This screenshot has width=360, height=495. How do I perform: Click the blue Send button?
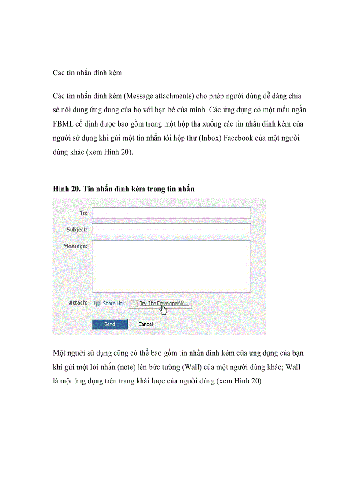click(x=110, y=324)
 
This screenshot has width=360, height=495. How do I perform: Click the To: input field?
click(x=171, y=213)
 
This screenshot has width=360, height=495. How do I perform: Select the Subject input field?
click(x=171, y=229)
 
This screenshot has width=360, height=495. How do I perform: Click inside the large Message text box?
click(x=171, y=266)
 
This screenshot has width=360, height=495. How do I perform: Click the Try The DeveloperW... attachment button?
click(x=161, y=303)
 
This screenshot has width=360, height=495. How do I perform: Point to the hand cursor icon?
click(x=164, y=309)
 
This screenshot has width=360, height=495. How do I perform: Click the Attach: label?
click(x=78, y=303)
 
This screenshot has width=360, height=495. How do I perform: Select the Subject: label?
click(x=77, y=230)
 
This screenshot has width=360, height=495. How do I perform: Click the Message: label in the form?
click(x=75, y=246)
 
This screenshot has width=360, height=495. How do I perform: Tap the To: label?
click(x=83, y=213)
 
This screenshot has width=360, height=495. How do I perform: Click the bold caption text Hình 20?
click(x=65, y=189)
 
